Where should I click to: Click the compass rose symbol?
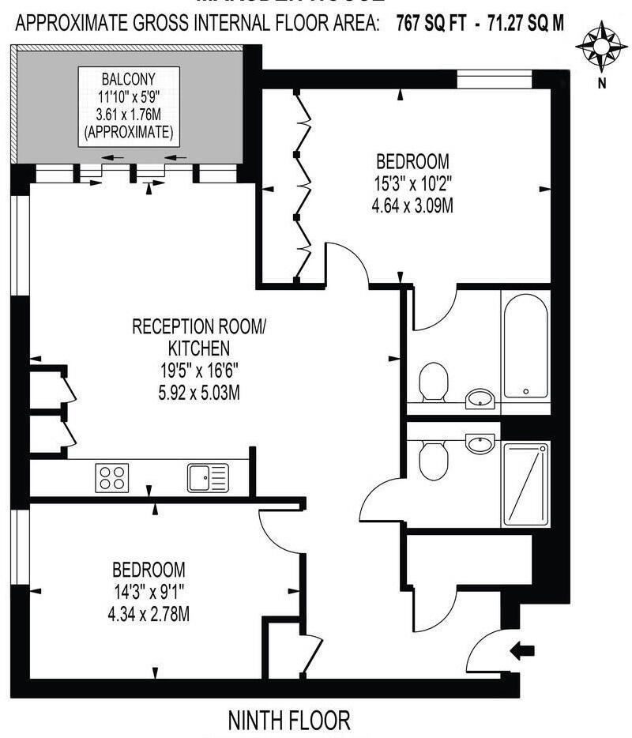point(601,47)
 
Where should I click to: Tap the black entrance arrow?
point(522,650)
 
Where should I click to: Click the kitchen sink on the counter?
point(207,477)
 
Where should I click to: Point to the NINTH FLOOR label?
point(288,721)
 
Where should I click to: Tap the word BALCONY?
point(127,80)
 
